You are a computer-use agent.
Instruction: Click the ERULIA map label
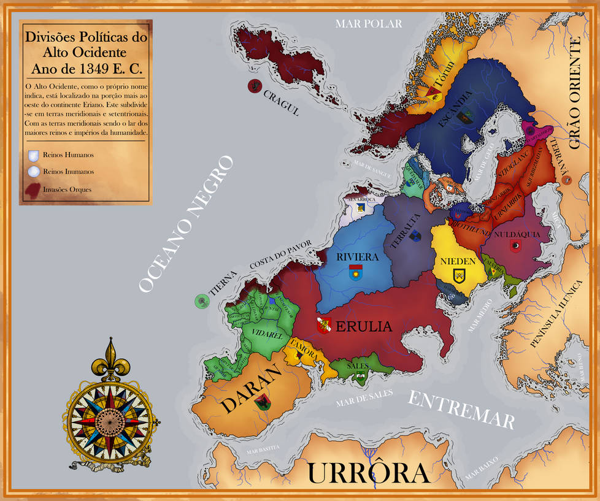coord(362,326)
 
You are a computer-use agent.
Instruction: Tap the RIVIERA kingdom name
coord(356,257)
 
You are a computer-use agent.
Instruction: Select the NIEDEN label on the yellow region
coord(458,261)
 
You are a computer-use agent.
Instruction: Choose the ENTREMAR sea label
coord(461,408)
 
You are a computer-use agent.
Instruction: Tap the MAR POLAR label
coord(368,24)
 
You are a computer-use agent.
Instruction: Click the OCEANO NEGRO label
coord(186,224)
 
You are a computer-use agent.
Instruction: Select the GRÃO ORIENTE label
coord(574,93)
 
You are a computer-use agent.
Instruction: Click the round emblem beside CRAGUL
coord(253,86)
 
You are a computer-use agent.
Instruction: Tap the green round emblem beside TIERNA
coord(201,300)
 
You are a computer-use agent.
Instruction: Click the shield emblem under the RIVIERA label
coord(355,272)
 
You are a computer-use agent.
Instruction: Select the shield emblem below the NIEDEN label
coord(458,275)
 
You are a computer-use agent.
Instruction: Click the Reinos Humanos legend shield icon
coord(34,155)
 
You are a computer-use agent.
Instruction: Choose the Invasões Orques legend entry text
coord(67,189)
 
